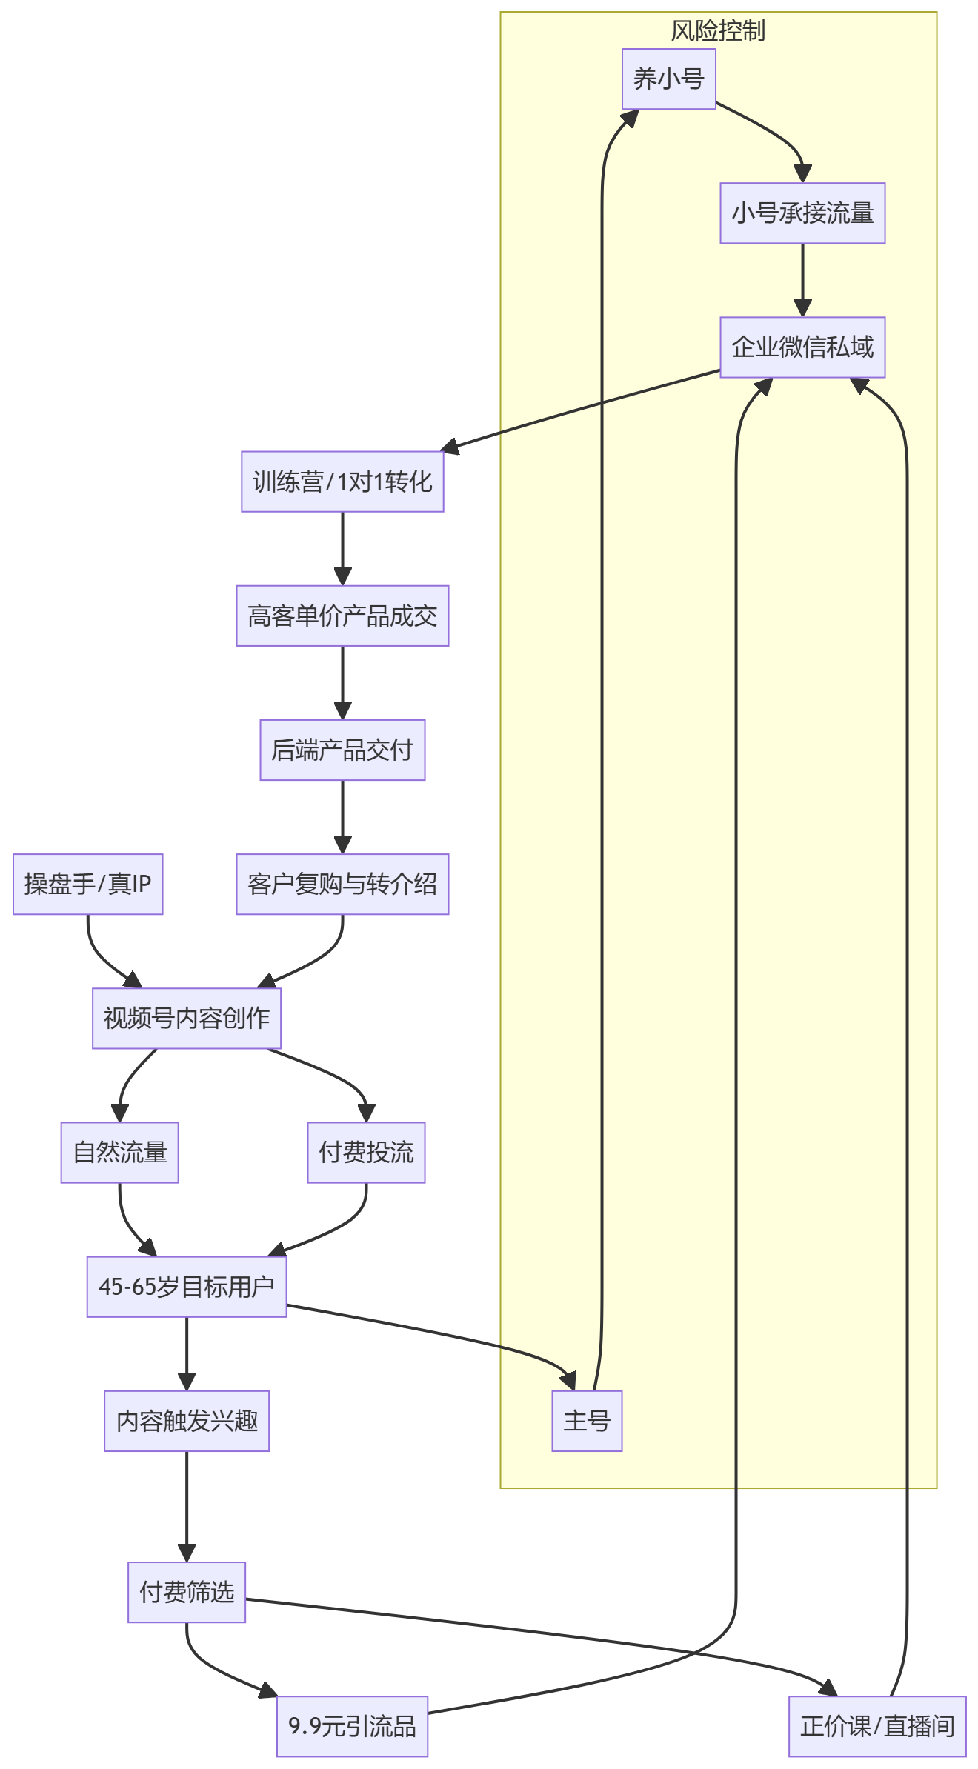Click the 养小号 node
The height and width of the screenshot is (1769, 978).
[668, 79]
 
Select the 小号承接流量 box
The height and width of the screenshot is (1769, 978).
[802, 213]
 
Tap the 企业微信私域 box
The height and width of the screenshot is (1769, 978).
[802, 347]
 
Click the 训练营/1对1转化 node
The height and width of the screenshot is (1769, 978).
[342, 482]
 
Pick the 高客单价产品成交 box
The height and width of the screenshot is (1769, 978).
[342, 616]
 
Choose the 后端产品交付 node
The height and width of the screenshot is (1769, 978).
[342, 750]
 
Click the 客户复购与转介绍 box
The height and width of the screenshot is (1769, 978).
[342, 884]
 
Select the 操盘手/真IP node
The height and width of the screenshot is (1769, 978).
[87, 884]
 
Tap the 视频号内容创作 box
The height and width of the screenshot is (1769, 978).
[187, 1019]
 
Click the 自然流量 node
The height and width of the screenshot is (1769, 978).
[120, 1153]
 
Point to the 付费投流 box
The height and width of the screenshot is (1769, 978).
[366, 1153]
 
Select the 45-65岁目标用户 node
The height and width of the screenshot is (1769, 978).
[187, 1287]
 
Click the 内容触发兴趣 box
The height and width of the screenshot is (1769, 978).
[187, 1421]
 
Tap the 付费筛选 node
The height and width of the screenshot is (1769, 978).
[187, 1592]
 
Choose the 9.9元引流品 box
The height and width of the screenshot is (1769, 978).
[353, 1726]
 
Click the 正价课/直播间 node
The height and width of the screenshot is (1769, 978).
[877, 1726]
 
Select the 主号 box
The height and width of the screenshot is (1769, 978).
[587, 1421]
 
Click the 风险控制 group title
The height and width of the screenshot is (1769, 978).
[718, 31]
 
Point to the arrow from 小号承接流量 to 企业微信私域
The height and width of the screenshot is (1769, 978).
[802, 280]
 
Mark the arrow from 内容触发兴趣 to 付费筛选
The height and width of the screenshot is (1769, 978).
[187, 1507]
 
